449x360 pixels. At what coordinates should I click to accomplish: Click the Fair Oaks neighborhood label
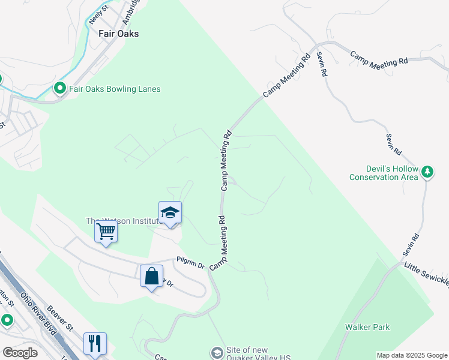click(118, 34)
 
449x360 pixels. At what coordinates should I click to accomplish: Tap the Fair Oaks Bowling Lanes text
click(115, 89)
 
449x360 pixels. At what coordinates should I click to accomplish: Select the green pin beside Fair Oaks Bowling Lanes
click(60, 89)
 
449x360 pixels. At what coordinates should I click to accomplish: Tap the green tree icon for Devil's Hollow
click(427, 172)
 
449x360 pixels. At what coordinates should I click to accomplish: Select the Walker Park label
click(367, 327)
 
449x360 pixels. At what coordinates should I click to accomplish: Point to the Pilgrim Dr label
click(190, 263)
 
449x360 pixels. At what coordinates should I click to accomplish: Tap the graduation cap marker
click(170, 213)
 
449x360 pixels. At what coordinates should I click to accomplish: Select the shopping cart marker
click(106, 232)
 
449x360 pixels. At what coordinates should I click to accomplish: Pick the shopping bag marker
click(151, 277)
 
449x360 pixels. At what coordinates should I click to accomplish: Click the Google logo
click(20, 353)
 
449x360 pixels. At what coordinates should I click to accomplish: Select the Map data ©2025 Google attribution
click(411, 355)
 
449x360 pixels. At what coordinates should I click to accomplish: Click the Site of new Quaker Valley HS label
click(258, 354)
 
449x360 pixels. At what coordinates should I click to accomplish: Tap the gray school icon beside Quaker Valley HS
click(217, 351)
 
